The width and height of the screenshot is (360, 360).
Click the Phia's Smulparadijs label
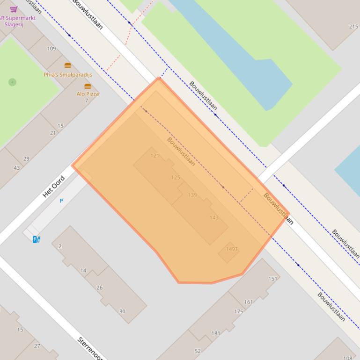[68, 74]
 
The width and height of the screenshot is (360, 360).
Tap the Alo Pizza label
[88, 94]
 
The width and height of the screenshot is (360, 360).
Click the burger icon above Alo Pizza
[88, 86]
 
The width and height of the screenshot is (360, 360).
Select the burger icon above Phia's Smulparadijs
[68, 65]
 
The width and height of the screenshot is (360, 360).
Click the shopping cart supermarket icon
[14, 9]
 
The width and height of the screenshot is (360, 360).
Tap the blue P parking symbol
[61, 201]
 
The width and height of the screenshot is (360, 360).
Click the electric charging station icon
[36, 239]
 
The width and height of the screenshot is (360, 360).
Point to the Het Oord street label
[53, 187]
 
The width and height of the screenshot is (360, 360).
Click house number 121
[155, 156]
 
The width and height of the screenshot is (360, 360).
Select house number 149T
[232, 249]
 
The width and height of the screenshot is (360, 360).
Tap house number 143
[214, 217]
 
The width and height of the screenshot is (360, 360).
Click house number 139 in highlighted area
[192, 195]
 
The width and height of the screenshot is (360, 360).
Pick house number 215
[353, 27]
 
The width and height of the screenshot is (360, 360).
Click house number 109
[51, 48]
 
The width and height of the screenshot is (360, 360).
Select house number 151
[272, 279]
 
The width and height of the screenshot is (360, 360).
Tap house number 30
[122, 311]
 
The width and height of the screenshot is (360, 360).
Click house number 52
[198, 351]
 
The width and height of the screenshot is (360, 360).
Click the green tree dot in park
[13, 82]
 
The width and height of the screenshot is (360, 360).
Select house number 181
[215, 333]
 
